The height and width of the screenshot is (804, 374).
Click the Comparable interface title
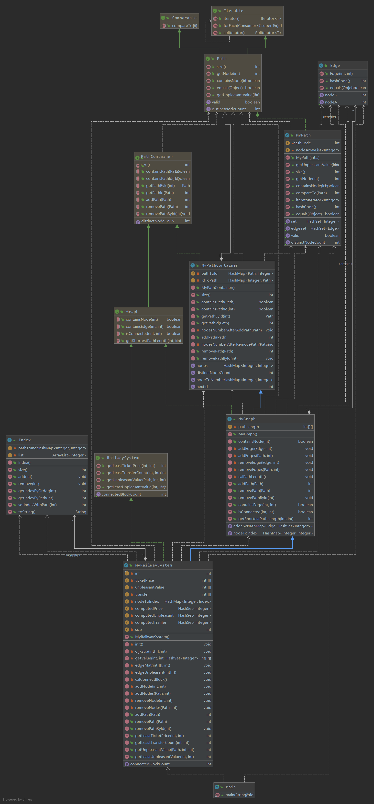tap(184, 18)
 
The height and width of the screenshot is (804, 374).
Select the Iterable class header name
tap(233, 11)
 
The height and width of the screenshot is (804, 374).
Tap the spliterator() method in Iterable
tap(234, 33)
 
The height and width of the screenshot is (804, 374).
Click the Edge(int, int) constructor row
tap(341, 74)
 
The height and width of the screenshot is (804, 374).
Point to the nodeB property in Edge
tap(331, 95)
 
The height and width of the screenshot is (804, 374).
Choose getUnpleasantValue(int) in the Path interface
tap(238, 95)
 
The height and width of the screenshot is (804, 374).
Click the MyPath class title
tap(303, 135)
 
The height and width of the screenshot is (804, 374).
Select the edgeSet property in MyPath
tap(298, 228)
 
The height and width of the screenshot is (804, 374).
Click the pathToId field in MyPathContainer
tap(209, 273)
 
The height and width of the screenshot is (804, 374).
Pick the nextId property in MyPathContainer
tap(202, 387)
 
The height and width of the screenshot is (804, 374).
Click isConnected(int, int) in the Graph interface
tap(144, 334)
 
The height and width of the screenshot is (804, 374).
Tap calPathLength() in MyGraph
tap(252, 476)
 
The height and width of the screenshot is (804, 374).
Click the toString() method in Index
tap(27, 512)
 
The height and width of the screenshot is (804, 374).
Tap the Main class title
tap(231, 787)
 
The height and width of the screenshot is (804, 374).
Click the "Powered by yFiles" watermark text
tap(17, 799)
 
